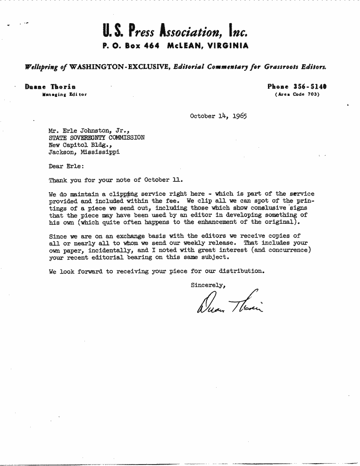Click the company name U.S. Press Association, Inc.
175,31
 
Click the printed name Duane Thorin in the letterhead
50,87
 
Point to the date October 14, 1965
218,116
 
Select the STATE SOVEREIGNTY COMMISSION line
97,138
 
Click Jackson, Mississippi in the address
84,152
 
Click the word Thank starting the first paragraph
58,180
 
